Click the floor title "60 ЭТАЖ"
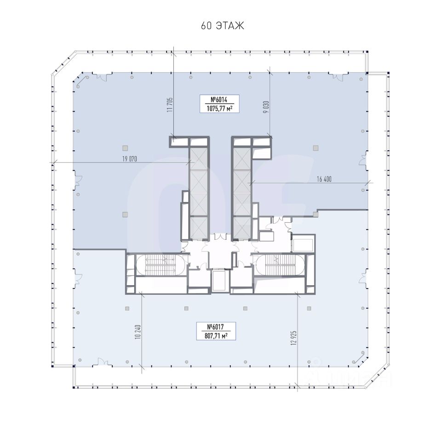coord(223,26)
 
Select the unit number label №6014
coord(219,100)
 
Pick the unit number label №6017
coord(215,327)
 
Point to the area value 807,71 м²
coord(216,335)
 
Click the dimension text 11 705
coord(170,105)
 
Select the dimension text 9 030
coord(266,107)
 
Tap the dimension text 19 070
coord(130,159)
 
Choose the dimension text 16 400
coord(324,179)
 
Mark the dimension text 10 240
coord(137,332)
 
